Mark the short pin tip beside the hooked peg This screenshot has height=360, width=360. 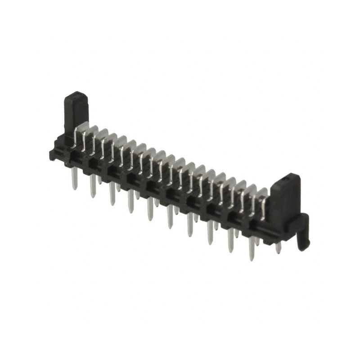click(x=278, y=248)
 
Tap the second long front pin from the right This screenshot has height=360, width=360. click(x=231, y=241)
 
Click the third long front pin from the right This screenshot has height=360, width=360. click(x=211, y=233)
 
